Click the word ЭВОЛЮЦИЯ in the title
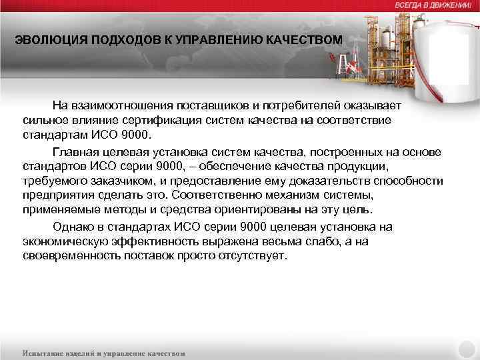click(x=45, y=41)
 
